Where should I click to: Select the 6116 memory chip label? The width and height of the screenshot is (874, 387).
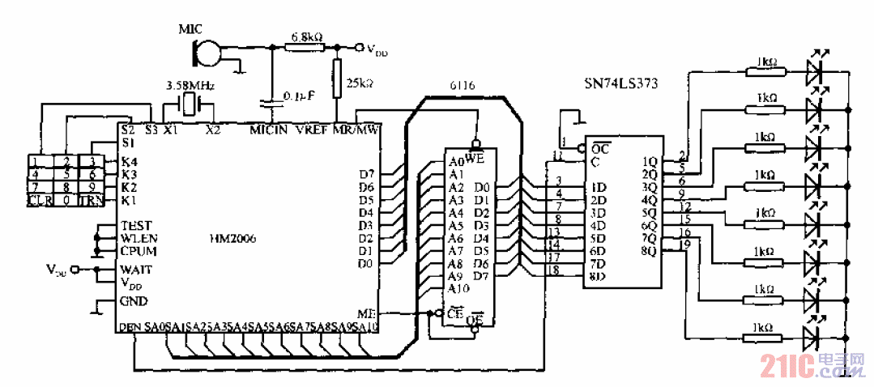463,85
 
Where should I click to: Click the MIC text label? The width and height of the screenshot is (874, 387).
192,31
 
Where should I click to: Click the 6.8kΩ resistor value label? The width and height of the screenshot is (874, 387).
307,37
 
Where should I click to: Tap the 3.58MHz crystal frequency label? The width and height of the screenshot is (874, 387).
187,84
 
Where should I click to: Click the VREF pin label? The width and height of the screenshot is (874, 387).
312,130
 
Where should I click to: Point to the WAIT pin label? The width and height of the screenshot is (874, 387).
134,269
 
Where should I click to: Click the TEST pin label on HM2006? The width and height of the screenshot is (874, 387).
135,226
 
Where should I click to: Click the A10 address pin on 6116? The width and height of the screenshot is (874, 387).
458,288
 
